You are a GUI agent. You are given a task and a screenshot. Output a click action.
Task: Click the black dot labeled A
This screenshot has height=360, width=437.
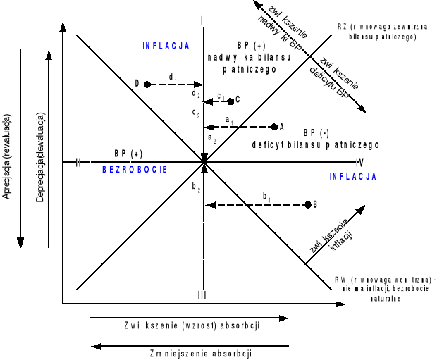274,127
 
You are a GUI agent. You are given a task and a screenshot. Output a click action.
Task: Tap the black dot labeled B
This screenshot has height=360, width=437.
307,204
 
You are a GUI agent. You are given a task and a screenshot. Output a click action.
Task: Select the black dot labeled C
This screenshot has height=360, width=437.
230,101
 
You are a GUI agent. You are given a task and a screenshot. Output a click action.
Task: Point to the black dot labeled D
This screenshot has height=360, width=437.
147,84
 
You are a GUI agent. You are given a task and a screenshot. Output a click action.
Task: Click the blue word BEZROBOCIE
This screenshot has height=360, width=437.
134,169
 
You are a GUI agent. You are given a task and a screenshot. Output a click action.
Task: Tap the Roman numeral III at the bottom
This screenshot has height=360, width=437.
202,294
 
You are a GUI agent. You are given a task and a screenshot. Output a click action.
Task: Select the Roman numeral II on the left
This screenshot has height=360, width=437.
78,163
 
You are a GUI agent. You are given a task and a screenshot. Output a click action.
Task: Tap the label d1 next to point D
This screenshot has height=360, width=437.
171,76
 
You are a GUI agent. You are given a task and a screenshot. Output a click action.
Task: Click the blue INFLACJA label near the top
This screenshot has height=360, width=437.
166,46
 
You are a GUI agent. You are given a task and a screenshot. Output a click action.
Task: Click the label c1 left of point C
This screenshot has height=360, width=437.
221,97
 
